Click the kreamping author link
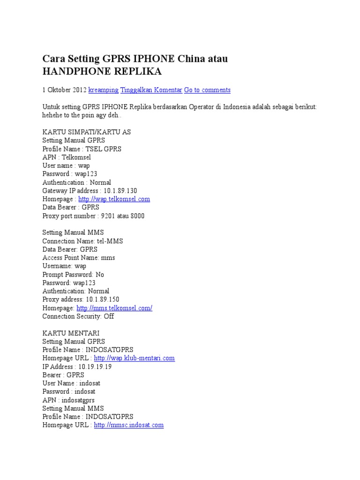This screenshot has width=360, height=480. coord(103,90)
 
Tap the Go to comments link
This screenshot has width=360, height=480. coord(207,90)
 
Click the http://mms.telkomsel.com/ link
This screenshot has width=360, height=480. coord(114,308)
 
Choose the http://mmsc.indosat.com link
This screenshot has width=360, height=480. coord(128,425)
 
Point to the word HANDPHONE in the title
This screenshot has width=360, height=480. coord(74,71)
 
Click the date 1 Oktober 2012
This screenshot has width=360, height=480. coord(64,90)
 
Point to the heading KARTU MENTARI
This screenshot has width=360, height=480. coord(71,333)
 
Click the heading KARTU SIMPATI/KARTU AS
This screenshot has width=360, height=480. coord(86,132)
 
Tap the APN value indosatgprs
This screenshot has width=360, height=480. coord(76,400)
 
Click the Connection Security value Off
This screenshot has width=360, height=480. coord(109,316)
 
